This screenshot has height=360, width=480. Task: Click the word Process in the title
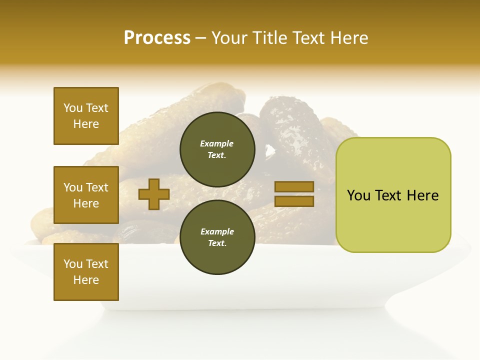coord(157,38)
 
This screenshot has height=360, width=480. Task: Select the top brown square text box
coord(86,116)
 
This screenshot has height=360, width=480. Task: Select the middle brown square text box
coord(86,195)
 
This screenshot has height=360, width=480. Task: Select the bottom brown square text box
coord(86,272)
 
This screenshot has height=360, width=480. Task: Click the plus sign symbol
coord(154,194)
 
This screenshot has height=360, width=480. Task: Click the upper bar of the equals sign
coord(294,187)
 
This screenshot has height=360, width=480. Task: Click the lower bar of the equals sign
coord(294,201)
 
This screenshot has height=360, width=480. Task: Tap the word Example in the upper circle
coord(216,143)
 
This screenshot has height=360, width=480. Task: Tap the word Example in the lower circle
coord(217,231)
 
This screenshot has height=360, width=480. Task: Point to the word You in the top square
coord(72,108)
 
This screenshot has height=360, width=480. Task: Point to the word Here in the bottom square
coord(86,280)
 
